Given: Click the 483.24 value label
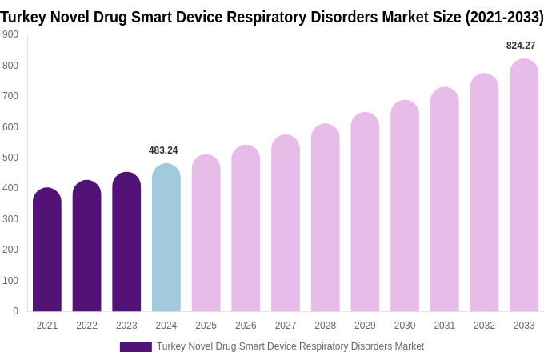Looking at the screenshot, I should pos(163,150).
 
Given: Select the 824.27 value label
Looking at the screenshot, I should pos(521,46).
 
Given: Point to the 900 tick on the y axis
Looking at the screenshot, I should pos(10,34).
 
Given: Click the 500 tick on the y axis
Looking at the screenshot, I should pos(10,158).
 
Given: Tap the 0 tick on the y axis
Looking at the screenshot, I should pos(15,311).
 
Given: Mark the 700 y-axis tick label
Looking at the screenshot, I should pos(10,96).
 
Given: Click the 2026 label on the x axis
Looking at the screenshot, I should pos(246,326).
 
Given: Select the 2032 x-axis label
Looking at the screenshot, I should pos(484,326).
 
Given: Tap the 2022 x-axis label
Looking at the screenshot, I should pos(86,326).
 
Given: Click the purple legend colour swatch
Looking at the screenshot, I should pos(135,347).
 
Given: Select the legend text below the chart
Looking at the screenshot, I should pos(290,346).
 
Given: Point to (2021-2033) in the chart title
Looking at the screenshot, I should pos(504,17).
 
